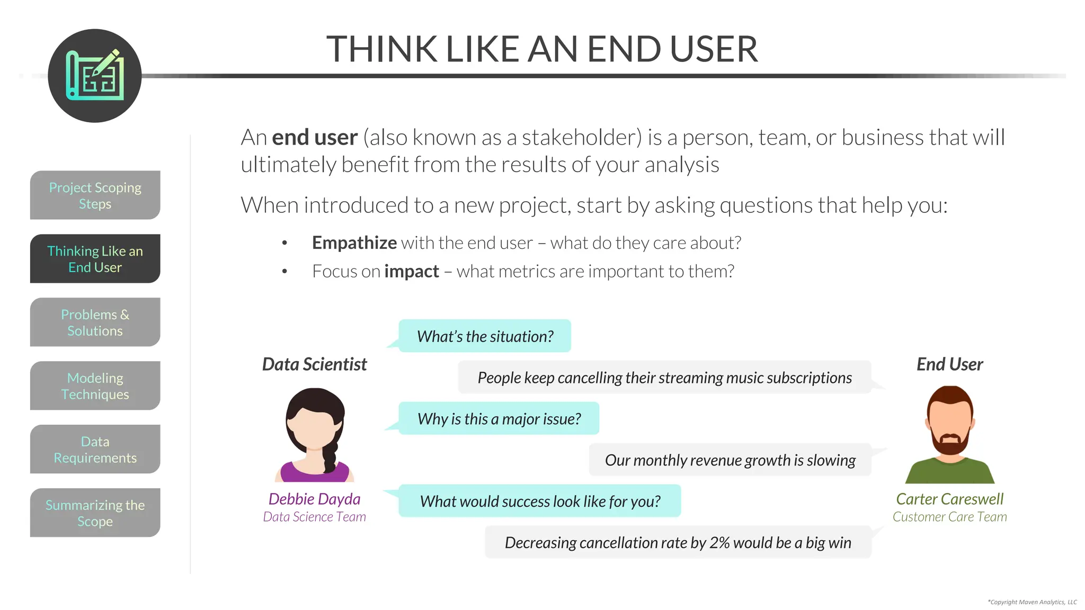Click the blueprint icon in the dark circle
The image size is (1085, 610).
click(95, 76)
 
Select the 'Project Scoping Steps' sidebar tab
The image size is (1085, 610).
click(95, 195)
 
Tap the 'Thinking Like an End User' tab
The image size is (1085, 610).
click(95, 259)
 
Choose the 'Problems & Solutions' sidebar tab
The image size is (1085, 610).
click(95, 322)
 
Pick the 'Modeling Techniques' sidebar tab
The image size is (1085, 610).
click(95, 386)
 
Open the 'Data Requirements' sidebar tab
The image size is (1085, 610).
click(95, 450)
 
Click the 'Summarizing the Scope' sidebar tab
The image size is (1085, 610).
click(95, 513)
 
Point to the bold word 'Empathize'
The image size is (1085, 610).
click(354, 243)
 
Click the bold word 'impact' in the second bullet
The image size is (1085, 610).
click(411, 271)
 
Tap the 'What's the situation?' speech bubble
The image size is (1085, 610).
click(485, 336)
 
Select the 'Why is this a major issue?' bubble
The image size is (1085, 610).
click(499, 419)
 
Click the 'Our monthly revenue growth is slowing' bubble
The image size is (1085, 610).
click(730, 460)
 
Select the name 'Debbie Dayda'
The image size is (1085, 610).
click(314, 499)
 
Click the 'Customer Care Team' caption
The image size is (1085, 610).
click(949, 517)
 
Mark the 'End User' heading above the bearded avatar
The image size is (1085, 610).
click(949, 364)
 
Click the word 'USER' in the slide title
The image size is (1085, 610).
click(713, 49)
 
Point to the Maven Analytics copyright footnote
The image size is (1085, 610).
click(1032, 602)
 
